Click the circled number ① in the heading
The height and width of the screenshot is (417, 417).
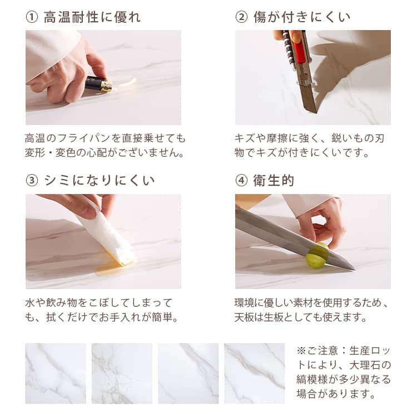[x=32, y=17]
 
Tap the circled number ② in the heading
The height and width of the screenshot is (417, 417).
[x=241, y=17]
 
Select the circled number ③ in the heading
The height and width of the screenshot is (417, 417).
[x=32, y=181]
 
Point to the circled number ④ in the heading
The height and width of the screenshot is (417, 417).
[x=241, y=181]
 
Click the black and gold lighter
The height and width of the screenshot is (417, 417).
[x=98, y=84]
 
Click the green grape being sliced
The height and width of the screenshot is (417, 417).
[x=317, y=255]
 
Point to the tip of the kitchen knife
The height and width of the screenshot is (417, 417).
[x=355, y=269]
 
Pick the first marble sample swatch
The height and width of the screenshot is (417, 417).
[x=56, y=374]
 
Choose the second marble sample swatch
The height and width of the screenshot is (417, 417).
[x=122, y=374]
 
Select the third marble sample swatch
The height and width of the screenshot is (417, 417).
[x=188, y=374]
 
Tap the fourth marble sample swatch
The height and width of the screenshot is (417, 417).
[x=255, y=374]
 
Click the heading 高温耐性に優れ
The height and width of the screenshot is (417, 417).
[x=92, y=17]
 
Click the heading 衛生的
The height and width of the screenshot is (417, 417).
[x=274, y=181]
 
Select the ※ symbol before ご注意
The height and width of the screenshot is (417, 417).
[x=301, y=350]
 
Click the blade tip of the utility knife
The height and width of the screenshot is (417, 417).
[x=316, y=112]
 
